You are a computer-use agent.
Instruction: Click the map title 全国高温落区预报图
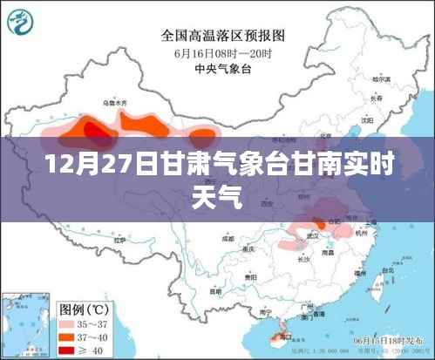pyautogui.click(x=216, y=37)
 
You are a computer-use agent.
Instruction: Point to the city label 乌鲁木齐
pyautogui.click(x=114, y=104)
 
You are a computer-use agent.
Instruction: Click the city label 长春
pyautogui.click(x=375, y=98)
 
